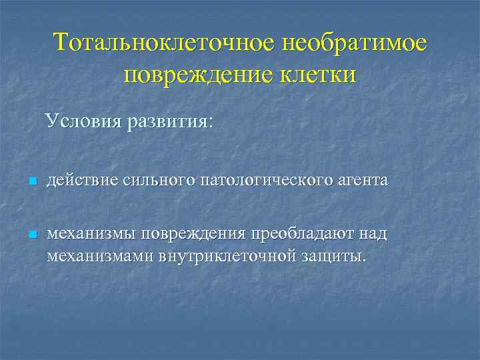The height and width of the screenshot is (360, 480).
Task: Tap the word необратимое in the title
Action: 354,43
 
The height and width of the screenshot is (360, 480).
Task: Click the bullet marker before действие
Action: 31,182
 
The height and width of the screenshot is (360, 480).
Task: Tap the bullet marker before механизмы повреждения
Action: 31,235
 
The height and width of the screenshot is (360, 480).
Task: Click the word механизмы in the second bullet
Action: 89,234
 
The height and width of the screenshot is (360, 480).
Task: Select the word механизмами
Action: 99,256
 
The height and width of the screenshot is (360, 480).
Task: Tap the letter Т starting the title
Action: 61,43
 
